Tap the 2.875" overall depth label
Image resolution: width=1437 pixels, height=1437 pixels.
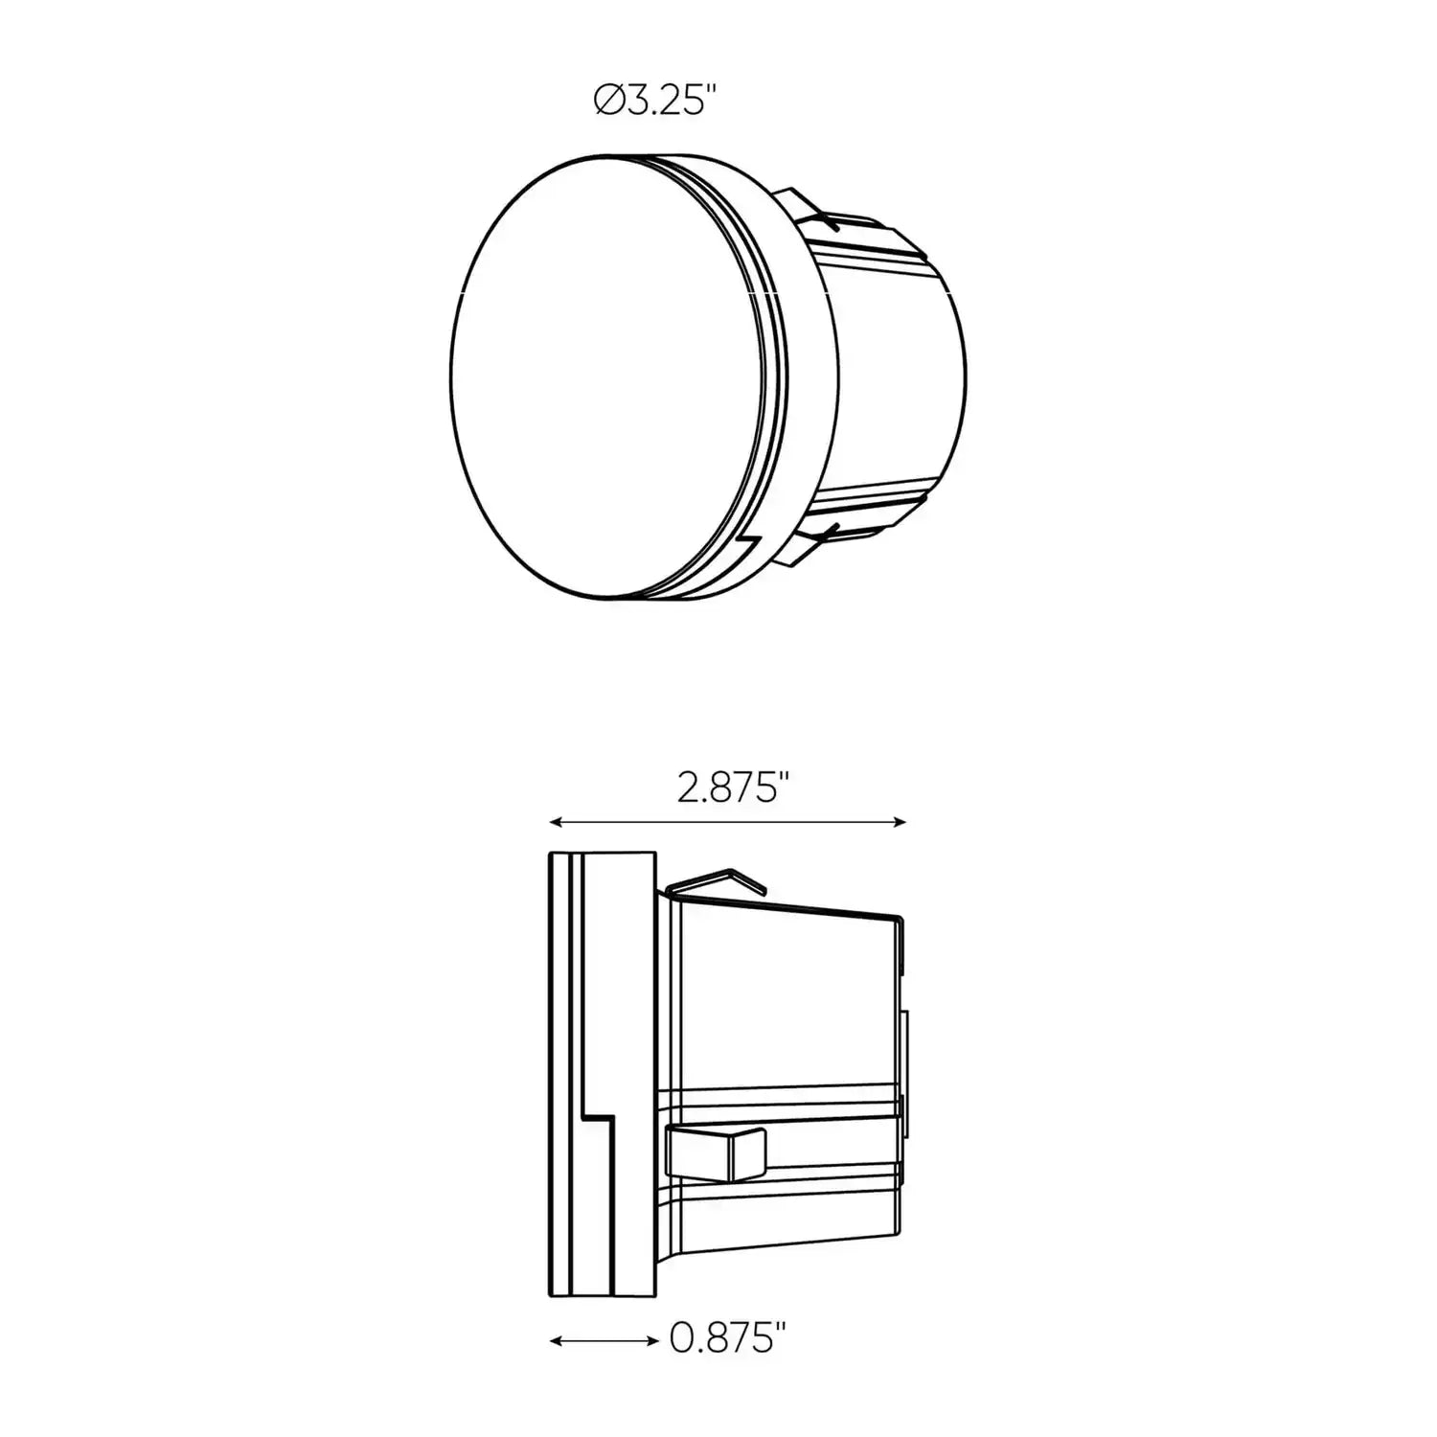(732, 789)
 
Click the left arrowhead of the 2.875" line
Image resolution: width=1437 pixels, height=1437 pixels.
(554, 822)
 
